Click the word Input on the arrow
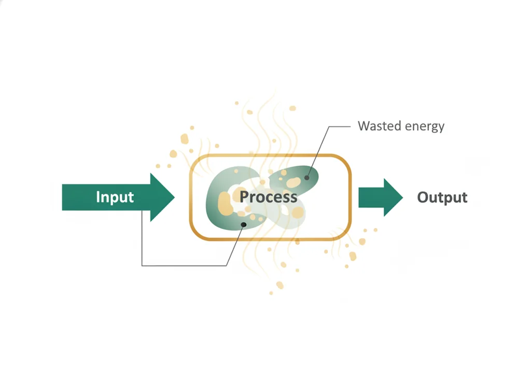[x=115, y=197]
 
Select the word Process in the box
[x=268, y=197]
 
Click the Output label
[x=442, y=197]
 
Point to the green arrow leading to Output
[x=381, y=197]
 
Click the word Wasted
[x=379, y=126]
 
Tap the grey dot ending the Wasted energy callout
[x=307, y=178]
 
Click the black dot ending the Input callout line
[x=244, y=225]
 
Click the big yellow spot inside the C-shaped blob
[x=224, y=203]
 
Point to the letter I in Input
[x=97, y=196]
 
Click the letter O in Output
[x=423, y=197]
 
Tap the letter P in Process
[x=244, y=197]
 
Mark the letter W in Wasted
[x=365, y=126]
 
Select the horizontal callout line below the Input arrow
[x=184, y=266]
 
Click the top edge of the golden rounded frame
[x=270, y=155]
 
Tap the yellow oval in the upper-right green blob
[x=294, y=183]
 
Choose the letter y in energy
[x=441, y=128]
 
